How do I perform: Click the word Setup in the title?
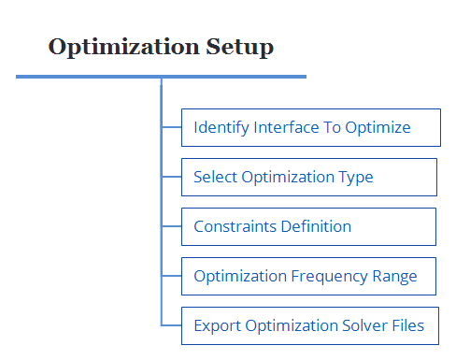(x=241, y=47)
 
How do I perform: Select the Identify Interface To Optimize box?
(x=310, y=127)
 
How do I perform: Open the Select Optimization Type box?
(x=308, y=177)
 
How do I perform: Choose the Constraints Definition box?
(x=308, y=226)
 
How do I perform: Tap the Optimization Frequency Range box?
(x=308, y=276)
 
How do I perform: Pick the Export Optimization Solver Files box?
(x=308, y=325)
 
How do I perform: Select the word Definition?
(x=316, y=226)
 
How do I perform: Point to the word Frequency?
(x=325, y=276)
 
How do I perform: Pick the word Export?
(x=217, y=325)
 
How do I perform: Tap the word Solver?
(x=357, y=325)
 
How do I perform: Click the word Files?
(x=406, y=325)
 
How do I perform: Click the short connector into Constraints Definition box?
(x=171, y=226)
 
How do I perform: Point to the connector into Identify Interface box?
(x=171, y=127)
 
